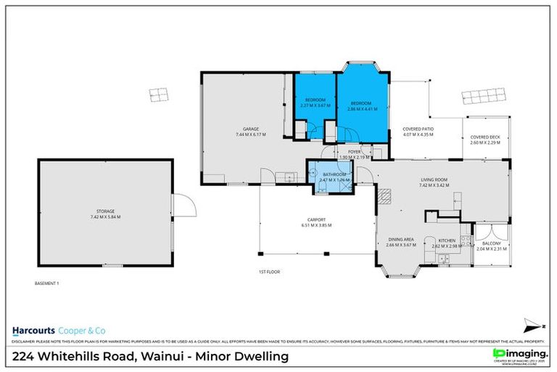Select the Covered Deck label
(484, 137)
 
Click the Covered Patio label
(418, 129)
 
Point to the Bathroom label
(334, 174)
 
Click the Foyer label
(354, 152)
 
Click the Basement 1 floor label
(46, 283)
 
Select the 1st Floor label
(269, 272)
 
